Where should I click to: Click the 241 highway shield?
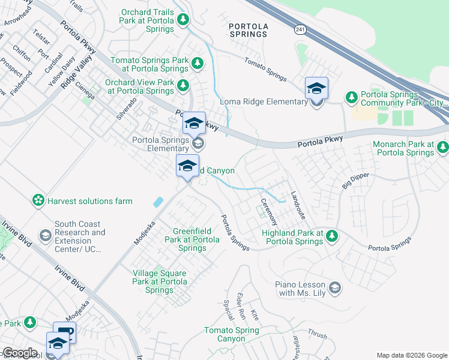tap(299, 29)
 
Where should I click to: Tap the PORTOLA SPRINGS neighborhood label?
tap(256, 29)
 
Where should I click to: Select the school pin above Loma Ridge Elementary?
tap(316, 89)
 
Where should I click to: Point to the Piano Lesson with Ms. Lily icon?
tap(335, 289)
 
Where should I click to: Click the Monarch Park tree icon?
tap(443, 146)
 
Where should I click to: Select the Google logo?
tap(20, 353)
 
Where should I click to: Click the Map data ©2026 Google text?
tap(411, 355)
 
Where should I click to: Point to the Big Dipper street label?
tap(355, 179)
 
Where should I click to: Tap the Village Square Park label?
tap(159, 281)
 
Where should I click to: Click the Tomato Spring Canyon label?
tap(231, 335)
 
